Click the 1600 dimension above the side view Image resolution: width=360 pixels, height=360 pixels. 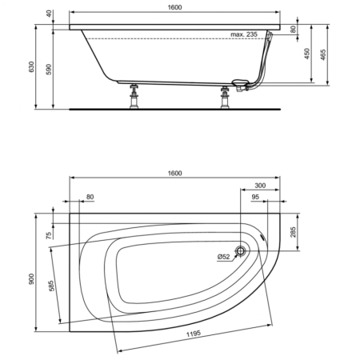tap(175, 7)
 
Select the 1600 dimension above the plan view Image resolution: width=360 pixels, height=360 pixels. tap(175, 174)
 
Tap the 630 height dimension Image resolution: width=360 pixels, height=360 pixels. tap(32, 70)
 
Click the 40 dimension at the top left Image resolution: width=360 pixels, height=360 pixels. tap(47, 14)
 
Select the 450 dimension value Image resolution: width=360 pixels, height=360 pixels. tap(306, 54)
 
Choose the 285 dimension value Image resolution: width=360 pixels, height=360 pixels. tap(293, 233)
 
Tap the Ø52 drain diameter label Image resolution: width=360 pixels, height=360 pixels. tap(223, 256)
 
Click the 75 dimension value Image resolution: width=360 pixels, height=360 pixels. tap(49, 236)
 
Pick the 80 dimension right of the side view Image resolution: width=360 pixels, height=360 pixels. tap(293, 30)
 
